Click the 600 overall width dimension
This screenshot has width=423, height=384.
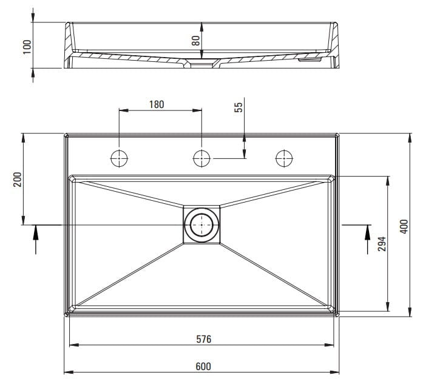click(x=203, y=366)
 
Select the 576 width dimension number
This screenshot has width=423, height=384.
click(x=204, y=339)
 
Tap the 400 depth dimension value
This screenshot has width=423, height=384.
click(x=404, y=226)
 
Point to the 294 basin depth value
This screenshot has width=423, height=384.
click(x=382, y=244)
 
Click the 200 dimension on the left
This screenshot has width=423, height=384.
click(x=18, y=180)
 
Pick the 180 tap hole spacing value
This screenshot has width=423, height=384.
click(x=157, y=104)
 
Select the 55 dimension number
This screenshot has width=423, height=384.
click(x=239, y=107)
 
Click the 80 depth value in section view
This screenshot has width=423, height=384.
click(x=196, y=41)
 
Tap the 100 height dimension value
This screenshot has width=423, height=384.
click(x=27, y=47)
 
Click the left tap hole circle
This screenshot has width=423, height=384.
click(x=119, y=158)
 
